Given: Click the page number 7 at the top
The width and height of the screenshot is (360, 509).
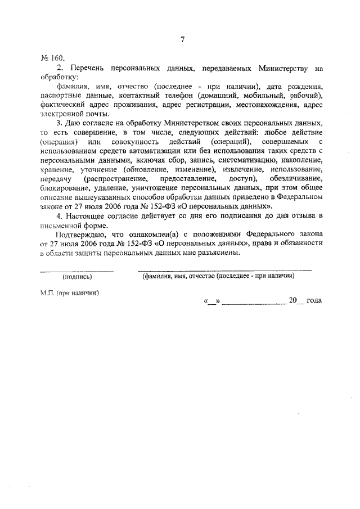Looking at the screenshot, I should [x=182, y=39].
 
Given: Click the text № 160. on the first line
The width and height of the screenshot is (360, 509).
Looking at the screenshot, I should [x=53, y=58].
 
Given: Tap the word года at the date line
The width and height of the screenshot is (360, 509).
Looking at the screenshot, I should [x=314, y=301].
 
